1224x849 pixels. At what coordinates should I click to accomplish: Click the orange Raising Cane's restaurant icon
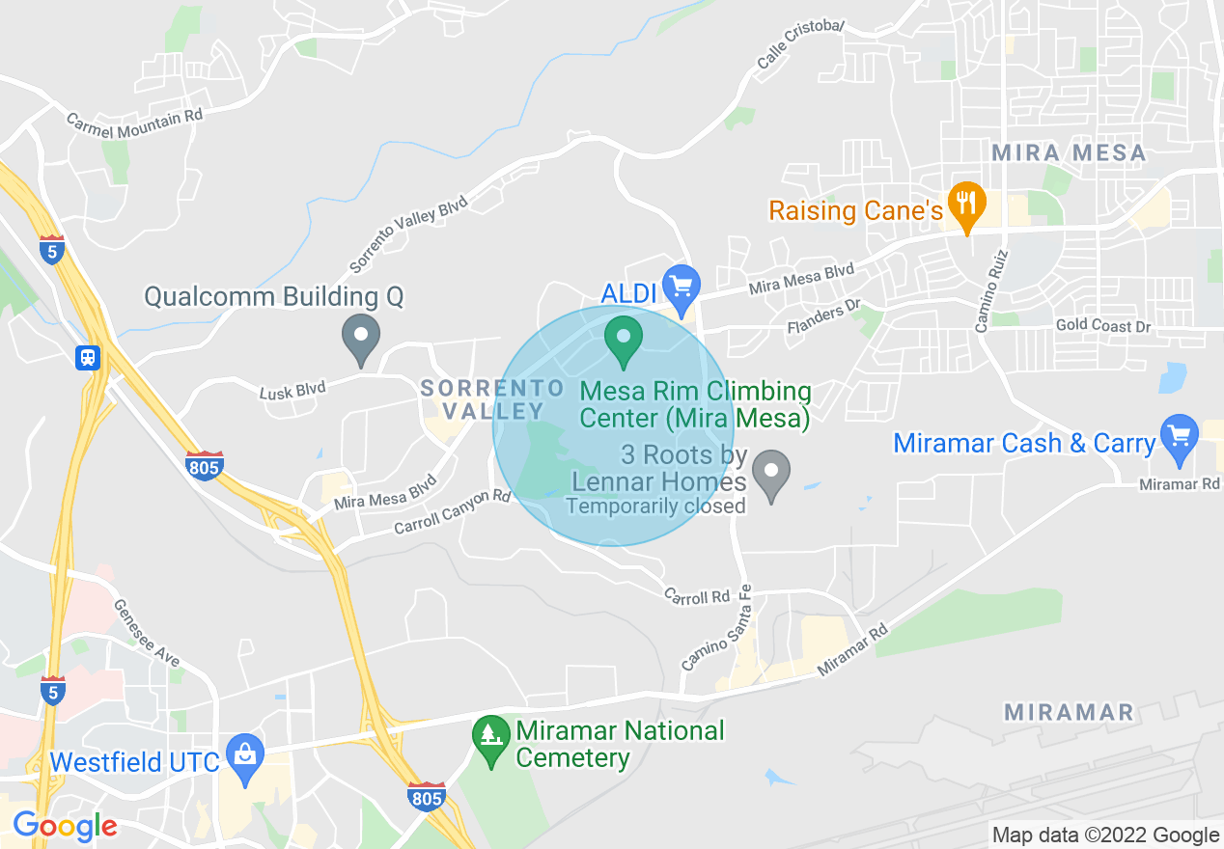(x=964, y=203)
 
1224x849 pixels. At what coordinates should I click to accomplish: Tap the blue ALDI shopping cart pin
(x=682, y=287)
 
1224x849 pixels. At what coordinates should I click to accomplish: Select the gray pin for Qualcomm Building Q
(x=362, y=337)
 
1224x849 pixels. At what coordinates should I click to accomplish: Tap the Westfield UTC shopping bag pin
(x=245, y=755)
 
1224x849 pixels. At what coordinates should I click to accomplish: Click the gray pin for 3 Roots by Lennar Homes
(x=771, y=473)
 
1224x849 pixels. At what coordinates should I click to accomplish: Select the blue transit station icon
(x=88, y=358)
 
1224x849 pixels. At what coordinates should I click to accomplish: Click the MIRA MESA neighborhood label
(x=1069, y=152)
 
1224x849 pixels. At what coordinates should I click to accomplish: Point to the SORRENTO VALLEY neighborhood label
(x=493, y=399)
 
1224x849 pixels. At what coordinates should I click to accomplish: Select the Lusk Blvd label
(x=292, y=389)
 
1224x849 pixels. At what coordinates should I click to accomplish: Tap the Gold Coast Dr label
(x=1103, y=326)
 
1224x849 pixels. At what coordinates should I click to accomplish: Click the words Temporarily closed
(x=655, y=506)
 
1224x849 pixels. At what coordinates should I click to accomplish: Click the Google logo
(x=65, y=826)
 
